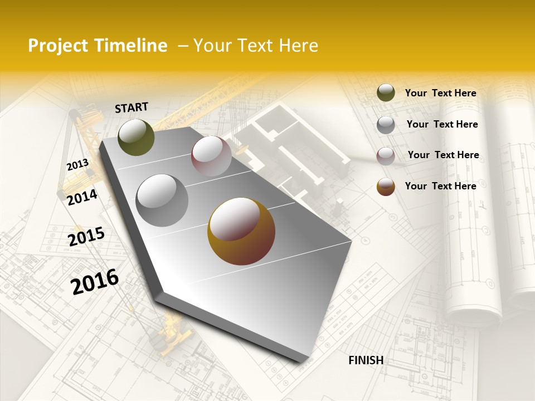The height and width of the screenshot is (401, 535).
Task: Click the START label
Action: [132, 107]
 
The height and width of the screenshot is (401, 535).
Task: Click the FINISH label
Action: [366, 360]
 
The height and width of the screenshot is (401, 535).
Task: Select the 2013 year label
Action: [77, 164]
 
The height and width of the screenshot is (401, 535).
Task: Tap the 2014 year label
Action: [82, 197]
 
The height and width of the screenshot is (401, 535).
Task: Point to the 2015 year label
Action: [86, 237]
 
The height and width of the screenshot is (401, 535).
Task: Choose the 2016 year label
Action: [95, 281]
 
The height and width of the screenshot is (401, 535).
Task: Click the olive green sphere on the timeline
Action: [136, 137]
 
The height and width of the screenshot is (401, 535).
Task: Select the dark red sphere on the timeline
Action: [211, 156]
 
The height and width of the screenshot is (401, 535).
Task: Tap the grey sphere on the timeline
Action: [162, 200]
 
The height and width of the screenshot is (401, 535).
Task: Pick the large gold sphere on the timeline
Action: [241, 231]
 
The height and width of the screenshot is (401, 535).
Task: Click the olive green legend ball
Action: [386, 92]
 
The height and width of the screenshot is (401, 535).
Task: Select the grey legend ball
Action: [386, 124]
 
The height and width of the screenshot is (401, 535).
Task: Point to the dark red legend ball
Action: [386, 155]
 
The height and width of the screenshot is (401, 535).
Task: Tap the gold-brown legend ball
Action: [386, 187]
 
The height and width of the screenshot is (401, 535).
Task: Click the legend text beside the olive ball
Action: [440, 93]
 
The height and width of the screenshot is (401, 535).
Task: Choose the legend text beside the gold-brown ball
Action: [440, 186]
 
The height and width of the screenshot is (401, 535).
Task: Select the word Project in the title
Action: [57, 46]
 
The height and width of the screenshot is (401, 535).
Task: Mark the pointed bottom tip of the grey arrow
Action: [301, 362]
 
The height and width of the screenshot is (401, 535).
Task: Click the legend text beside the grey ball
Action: [442, 124]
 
